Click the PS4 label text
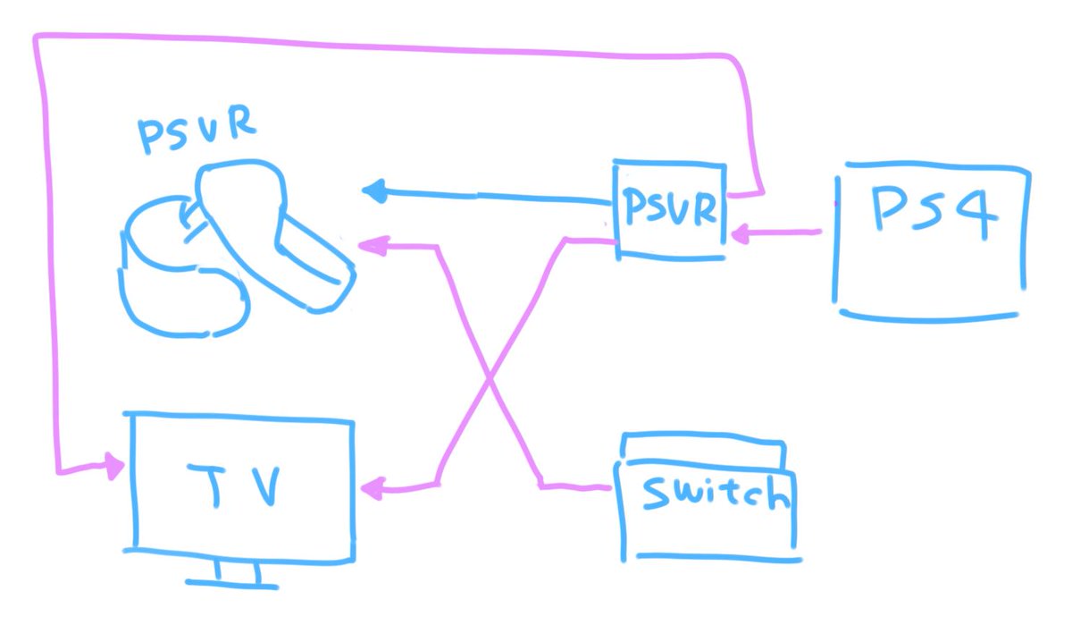point(934,212)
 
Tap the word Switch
point(716,493)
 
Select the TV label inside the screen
point(233,486)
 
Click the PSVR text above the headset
point(197,130)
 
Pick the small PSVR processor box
point(669,210)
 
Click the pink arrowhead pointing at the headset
point(373,246)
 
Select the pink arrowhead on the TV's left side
point(115,466)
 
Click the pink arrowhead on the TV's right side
point(373,489)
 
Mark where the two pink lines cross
point(490,378)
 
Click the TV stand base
point(231,584)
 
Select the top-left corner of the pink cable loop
point(37,37)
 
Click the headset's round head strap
point(183,267)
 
